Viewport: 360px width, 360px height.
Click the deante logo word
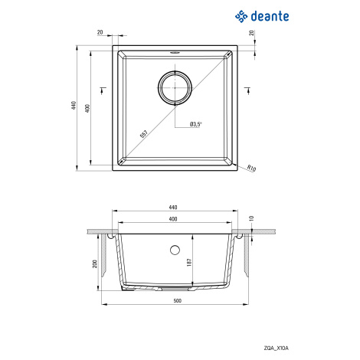pyautogui.click(x=270, y=16)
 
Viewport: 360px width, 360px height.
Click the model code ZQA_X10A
pyautogui.click(x=277, y=348)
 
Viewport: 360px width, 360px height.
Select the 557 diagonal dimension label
pyautogui.click(x=144, y=134)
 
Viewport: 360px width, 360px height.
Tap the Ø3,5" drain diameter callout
pyautogui.click(x=196, y=124)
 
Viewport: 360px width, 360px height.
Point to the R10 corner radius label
pyautogui.click(x=251, y=168)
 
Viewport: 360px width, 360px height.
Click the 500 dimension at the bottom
pyautogui.click(x=178, y=300)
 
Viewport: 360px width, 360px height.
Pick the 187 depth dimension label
pyautogui.click(x=189, y=263)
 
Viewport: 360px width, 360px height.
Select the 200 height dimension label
pyautogui.click(x=95, y=263)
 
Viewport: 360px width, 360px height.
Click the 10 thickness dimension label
pyautogui.click(x=251, y=218)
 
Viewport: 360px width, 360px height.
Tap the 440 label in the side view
pyautogui.click(x=173, y=207)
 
